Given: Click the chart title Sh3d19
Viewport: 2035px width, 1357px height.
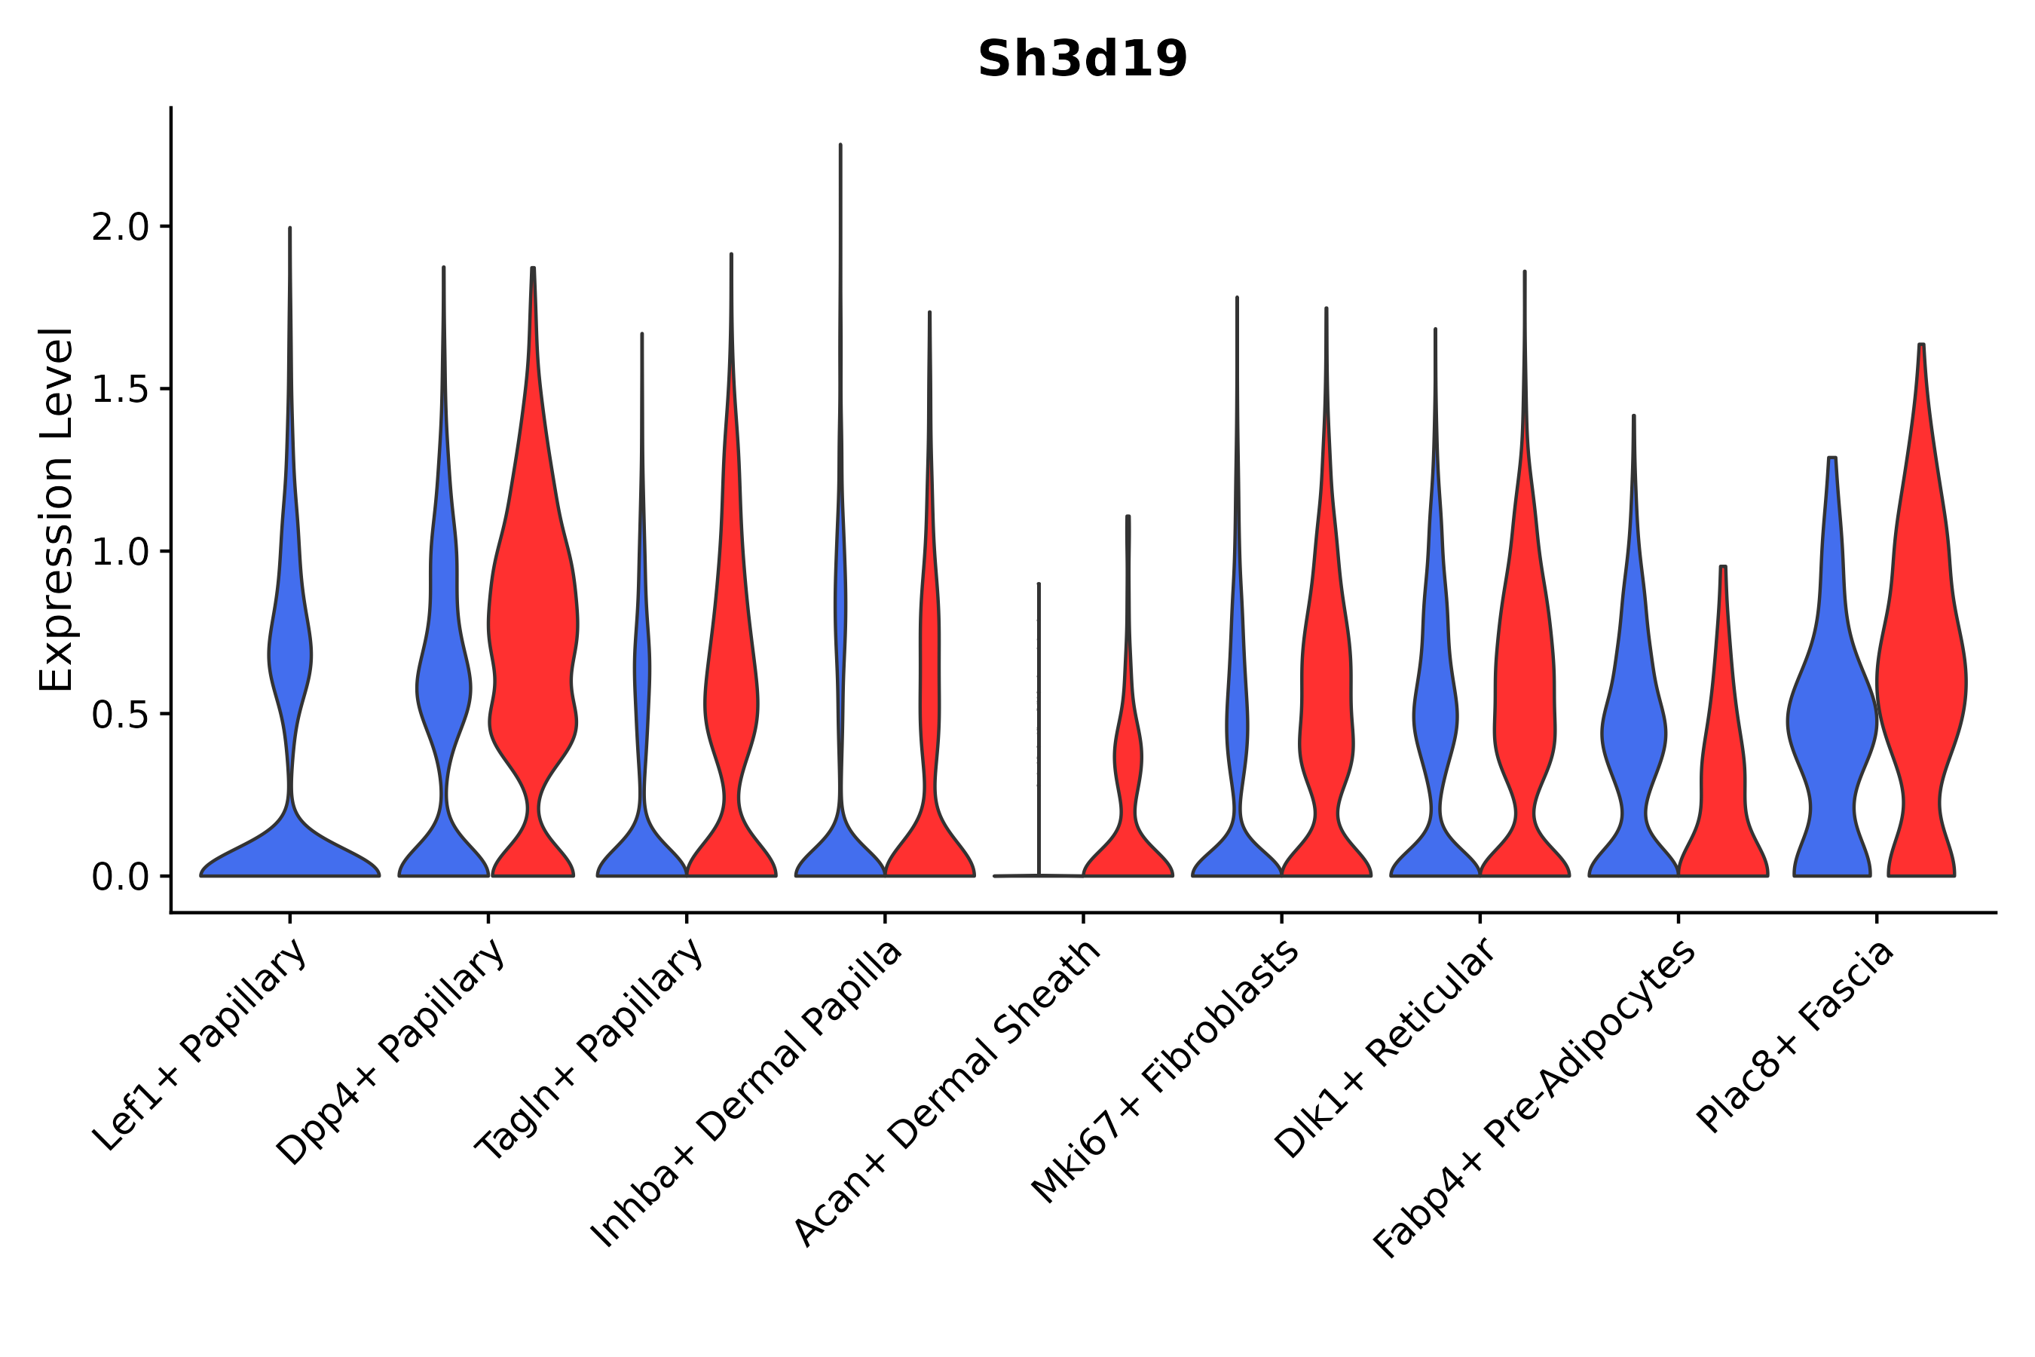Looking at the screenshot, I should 1082,59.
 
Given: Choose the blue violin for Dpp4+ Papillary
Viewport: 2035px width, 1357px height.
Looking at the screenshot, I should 443,692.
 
